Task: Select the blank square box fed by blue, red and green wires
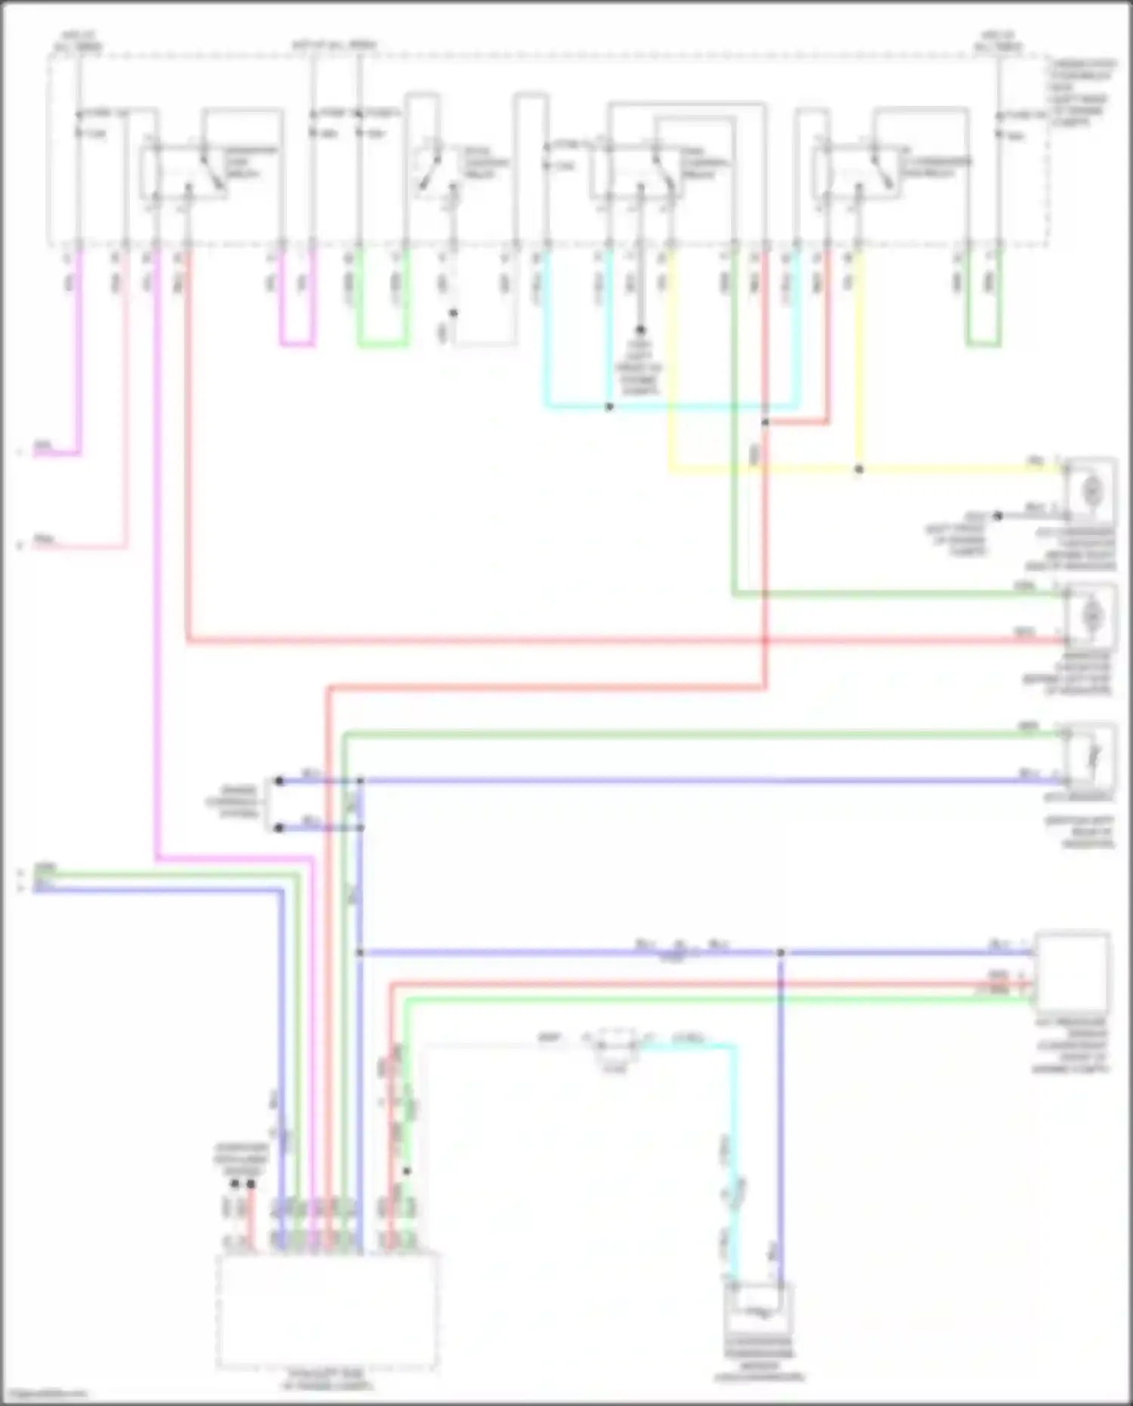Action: [x=1072, y=970]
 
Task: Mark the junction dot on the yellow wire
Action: [x=859, y=469]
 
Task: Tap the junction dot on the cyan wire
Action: [x=610, y=407]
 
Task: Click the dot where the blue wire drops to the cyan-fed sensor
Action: [x=781, y=953]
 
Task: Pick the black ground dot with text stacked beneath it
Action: [x=640, y=330]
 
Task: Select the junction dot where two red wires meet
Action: [x=765, y=423]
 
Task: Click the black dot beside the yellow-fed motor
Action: [x=997, y=516]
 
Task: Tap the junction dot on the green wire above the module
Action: [x=406, y=1172]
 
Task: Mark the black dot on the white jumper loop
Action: [x=453, y=313]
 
